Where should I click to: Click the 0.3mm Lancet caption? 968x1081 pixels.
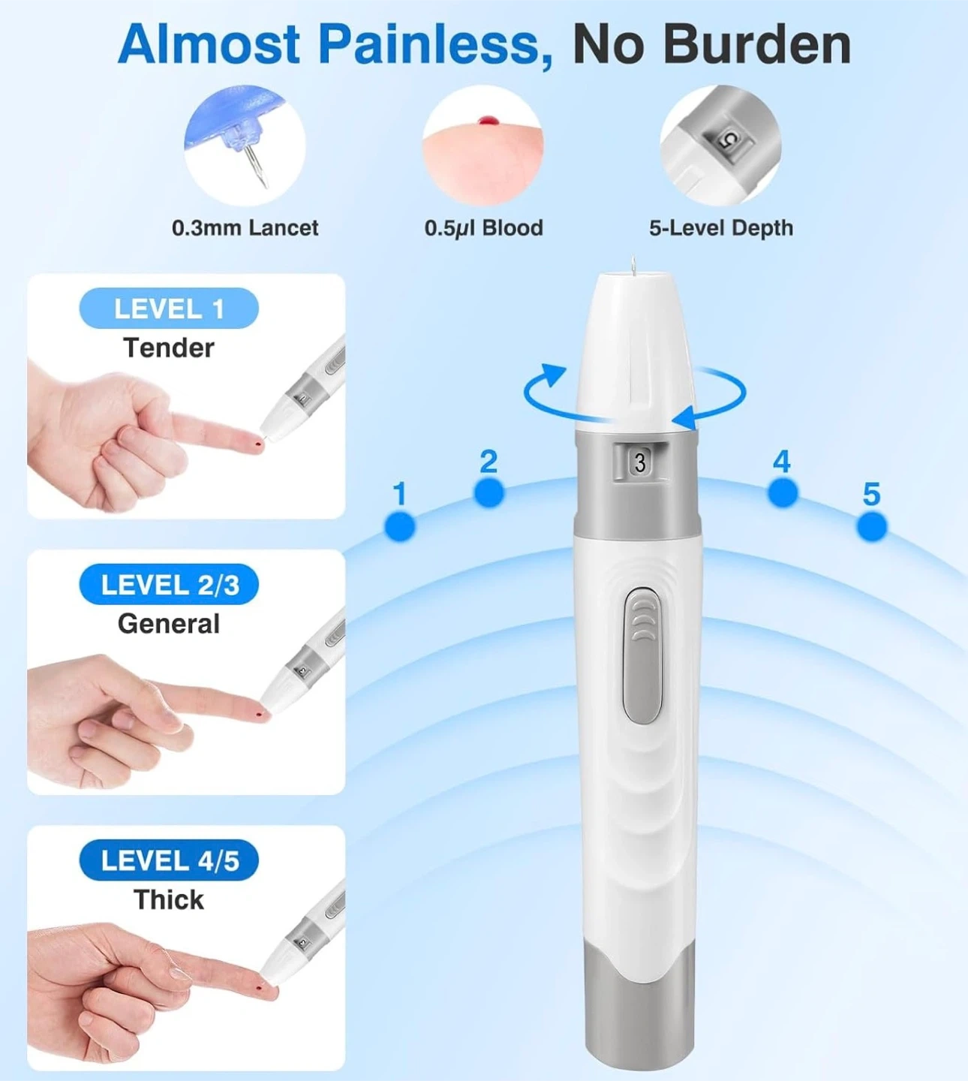coord(245,227)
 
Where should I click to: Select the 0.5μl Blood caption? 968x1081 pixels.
coord(484,228)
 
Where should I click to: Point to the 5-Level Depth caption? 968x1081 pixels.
coord(721,227)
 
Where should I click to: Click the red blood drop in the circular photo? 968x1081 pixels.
coord(486,121)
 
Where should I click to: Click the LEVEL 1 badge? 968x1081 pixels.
coord(169,308)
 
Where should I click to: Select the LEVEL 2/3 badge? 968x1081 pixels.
coord(169,584)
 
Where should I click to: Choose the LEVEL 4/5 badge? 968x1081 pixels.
coord(169,860)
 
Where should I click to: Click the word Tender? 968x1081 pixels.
coord(169,348)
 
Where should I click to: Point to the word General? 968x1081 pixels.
coord(169,624)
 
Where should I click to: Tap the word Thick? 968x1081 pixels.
coord(169,899)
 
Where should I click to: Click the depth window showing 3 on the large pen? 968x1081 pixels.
coord(640,462)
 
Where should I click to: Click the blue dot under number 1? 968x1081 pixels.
coord(400,527)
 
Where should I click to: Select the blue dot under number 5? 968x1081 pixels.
coord(872,527)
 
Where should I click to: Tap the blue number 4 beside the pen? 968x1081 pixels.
coord(781,462)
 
